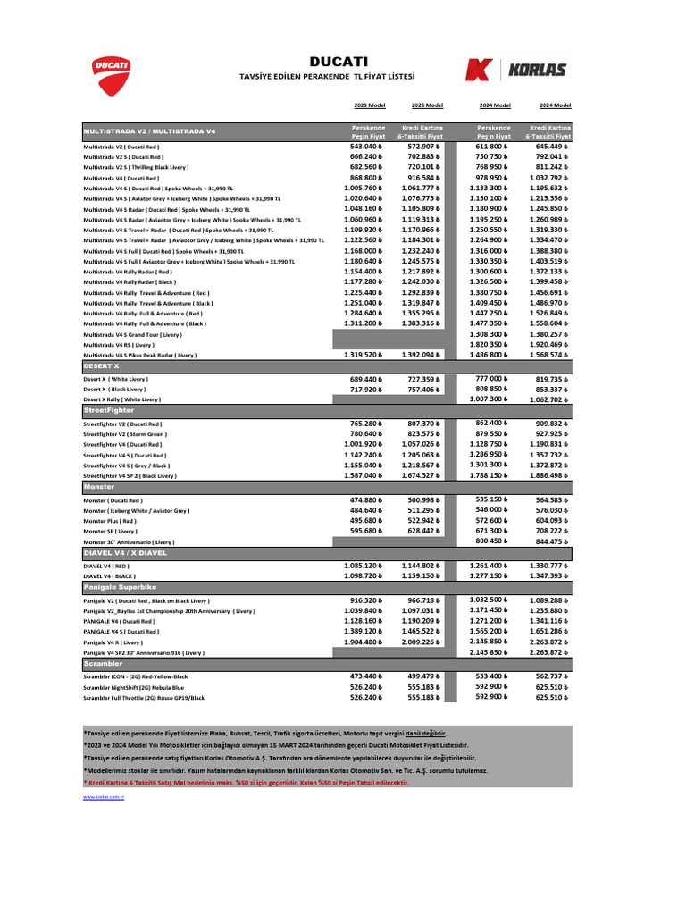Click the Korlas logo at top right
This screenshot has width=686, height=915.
516,70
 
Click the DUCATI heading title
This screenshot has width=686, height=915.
339,62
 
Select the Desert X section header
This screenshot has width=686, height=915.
101,366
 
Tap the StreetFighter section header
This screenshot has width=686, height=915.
110,409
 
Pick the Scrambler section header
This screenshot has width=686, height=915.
103,664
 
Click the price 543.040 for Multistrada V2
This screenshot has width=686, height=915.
366,147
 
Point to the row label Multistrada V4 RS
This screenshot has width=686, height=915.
119,344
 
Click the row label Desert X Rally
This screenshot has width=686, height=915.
122,400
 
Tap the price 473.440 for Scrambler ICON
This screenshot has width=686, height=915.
366,676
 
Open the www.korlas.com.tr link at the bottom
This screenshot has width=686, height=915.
103,795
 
